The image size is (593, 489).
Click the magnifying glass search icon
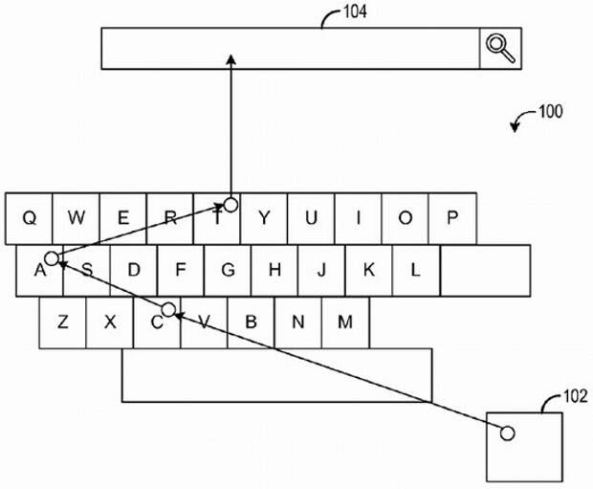pyautogui.click(x=500, y=47)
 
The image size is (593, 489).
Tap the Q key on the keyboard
pyautogui.click(x=29, y=218)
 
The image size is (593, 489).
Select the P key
pyautogui.click(x=452, y=218)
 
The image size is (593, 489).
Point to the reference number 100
pyautogui.click(x=551, y=111)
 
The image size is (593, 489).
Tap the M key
pyautogui.click(x=345, y=322)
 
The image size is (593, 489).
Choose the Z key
pyautogui.click(x=63, y=322)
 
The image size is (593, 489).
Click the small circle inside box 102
pyautogui.click(x=508, y=433)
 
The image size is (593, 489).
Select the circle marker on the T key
pyautogui.click(x=231, y=204)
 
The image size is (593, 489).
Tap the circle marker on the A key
pyautogui.click(x=52, y=258)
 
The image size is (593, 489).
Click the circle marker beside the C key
pyautogui.click(x=168, y=309)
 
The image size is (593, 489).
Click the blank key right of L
pyautogui.click(x=485, y=270)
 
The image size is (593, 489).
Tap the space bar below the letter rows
pyautogui.click(x=276, y=375)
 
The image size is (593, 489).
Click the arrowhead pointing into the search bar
pyautogui.click(x=231, y=59)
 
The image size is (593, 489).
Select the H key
pyautogui.click(x=275, y=270)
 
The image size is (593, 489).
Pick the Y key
pyautogui.click(x=264, y=218)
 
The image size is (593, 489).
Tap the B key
pyautogui.click(x=252, y=322)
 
